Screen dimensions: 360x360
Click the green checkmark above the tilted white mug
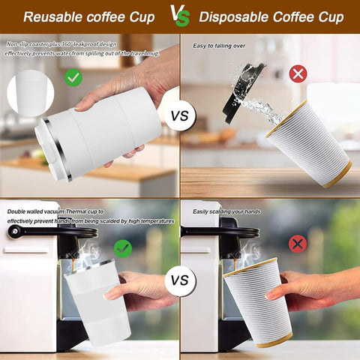pyautogui.click(x=73, y=76)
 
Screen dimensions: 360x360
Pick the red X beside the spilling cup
pyautogui.click(x=298, y=73)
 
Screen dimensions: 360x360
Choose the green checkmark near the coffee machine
pyautogui.click(x=122, y=247)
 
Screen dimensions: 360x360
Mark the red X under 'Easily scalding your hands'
pyautogui.click(x=298, y=244)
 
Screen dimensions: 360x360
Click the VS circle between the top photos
pyautogui.click(x=180, y=117)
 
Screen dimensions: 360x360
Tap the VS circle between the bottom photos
pyautogui.click(x=180, y=280)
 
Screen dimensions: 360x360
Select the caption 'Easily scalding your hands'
pyautogui.click(x=226, y=211)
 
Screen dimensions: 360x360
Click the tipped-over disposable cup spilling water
pyautogui.click(x=307, y=142)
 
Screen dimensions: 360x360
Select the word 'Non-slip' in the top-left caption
pyautogui.click(x=19, y=44)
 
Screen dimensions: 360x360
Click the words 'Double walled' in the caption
pyautogui.click(x=25, y=211)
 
